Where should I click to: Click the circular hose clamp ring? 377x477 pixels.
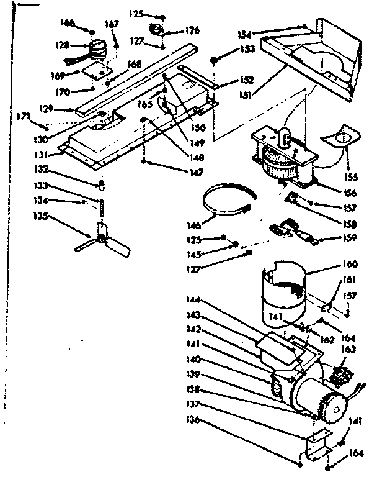point(226,198)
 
